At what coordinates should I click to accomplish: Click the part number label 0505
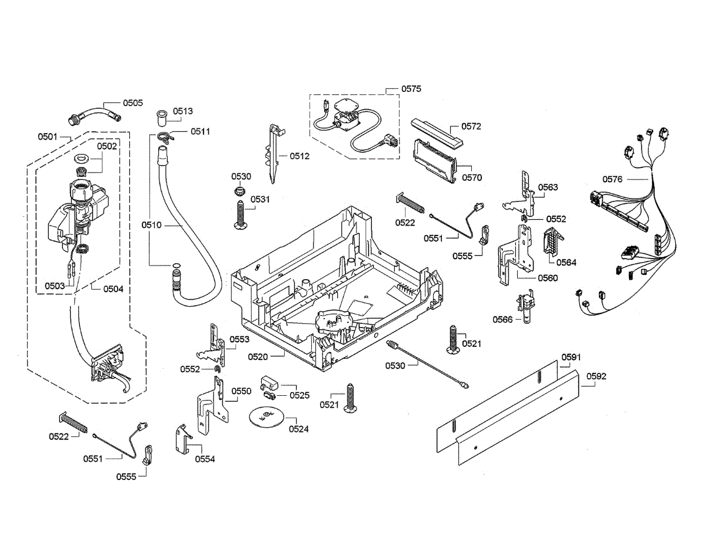tap(132, 103)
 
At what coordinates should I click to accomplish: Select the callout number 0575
tap(411, 88)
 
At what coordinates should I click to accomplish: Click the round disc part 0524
tap(264, 416)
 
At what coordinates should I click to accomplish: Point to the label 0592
tap(596, 376)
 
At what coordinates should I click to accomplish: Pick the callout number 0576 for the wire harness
tap(612, 179)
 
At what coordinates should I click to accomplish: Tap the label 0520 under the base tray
tap(258, 356)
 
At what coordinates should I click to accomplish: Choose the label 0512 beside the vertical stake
tap(299, 156)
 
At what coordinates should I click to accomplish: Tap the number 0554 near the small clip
tap(205, 459)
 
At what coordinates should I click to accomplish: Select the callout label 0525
tap(299, 395)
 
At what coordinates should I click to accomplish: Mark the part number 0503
tap(55, 286)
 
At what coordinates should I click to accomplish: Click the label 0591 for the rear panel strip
tap(571, 357)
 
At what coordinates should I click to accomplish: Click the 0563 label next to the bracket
tap(548, 187)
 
